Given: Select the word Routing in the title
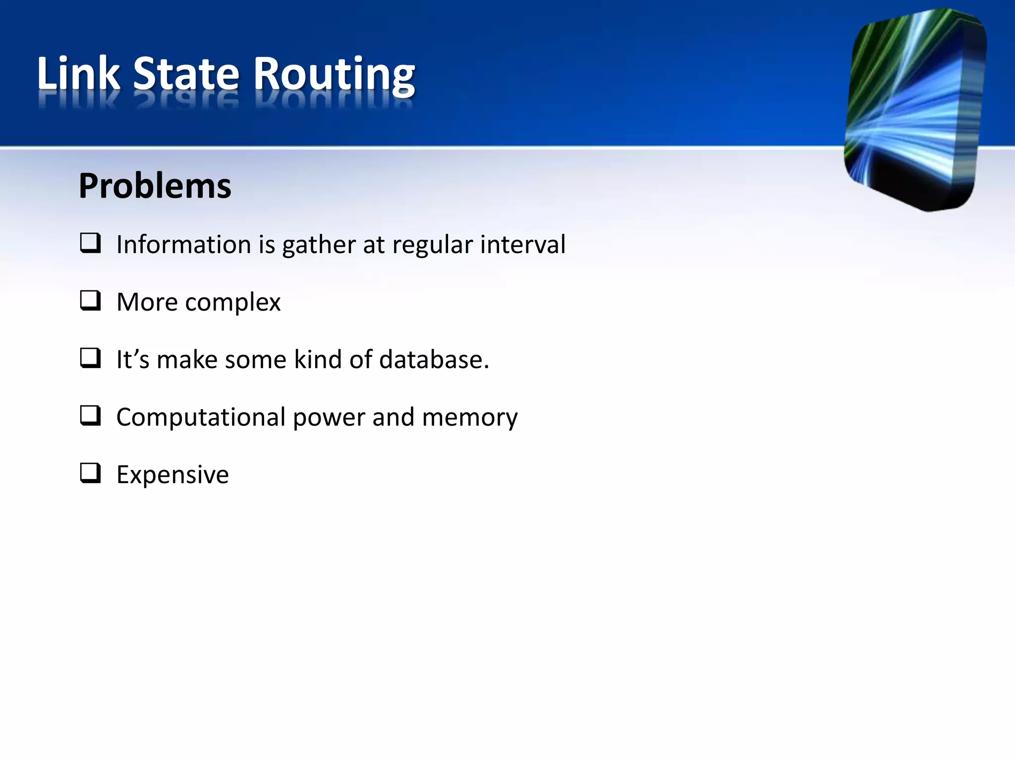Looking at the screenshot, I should (334, 75).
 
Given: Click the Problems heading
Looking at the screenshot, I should (155, 186).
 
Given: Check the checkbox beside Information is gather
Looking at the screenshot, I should (90, 243).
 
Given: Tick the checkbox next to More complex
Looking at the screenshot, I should (90, 301).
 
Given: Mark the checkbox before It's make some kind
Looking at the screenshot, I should (90, 358).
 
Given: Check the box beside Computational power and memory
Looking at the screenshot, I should (90, 416).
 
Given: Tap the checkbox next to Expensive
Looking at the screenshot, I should (90, 473).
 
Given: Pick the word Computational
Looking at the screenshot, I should (201, 417).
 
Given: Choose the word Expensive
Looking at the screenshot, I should (172, 475).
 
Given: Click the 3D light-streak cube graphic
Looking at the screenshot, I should (915, 109).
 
